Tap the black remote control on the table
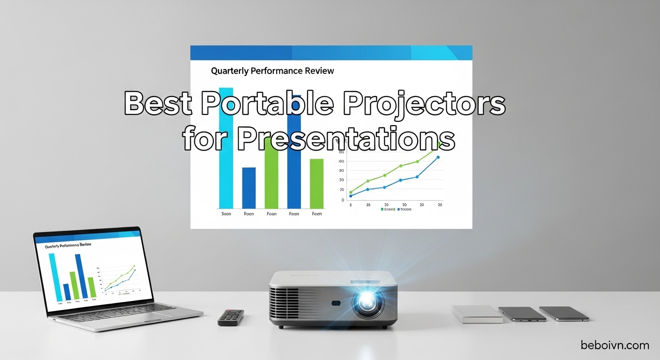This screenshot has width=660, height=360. click(231, 317)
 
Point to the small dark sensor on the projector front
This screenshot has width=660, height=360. click(336, 303)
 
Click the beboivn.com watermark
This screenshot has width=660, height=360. click(615, 345)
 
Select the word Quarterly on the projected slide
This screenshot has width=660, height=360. click(229, 71)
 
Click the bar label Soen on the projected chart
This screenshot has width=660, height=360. click(226, 214)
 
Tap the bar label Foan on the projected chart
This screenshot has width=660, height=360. click(271, 214)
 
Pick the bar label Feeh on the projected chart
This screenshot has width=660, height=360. click(317, 214)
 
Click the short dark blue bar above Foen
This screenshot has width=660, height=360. click(249, 187)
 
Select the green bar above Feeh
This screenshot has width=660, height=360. click(317, 183)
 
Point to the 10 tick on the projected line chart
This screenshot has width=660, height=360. click(341, 189)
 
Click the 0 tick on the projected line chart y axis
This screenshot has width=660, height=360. click(343, 200)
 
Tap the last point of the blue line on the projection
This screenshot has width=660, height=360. click(438, 157)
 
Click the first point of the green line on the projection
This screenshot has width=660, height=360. click(351, 192)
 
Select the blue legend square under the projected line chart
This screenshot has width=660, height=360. click(398, 210)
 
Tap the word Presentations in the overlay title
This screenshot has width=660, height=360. click(345, 138)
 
